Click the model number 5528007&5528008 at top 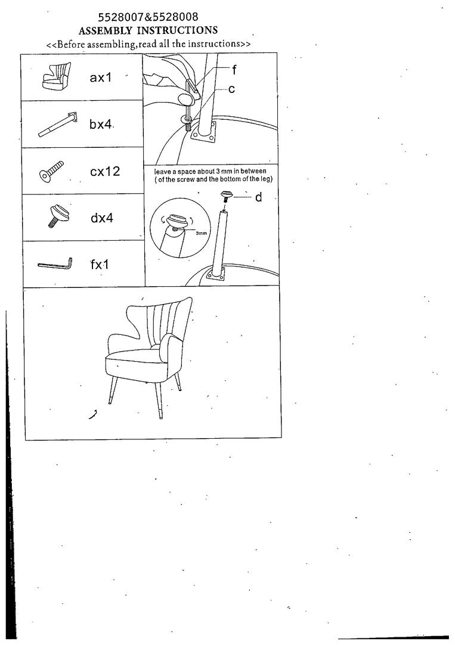click(148, 17)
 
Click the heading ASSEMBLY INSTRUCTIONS click(148, 30)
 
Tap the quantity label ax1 click(101, 77)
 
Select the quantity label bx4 click(100, 124)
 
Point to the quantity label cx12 click(105, 171)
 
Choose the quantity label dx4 click(101, 218)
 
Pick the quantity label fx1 click(100, 264)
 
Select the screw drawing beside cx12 click(51, 171)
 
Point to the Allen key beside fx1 click(55, 265)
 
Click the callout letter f click(234, 70)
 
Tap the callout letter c click(231, 89)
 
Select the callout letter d click(258, 197)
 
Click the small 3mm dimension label click(201, 233)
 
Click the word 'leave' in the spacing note click(162, 172)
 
